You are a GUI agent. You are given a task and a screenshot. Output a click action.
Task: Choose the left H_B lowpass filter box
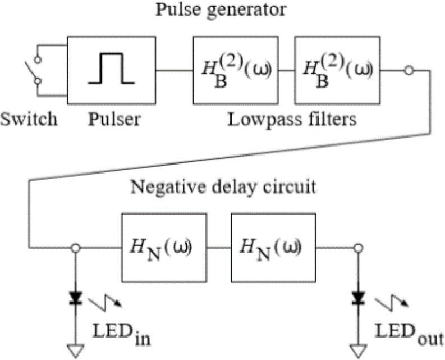click(x=235, y=70)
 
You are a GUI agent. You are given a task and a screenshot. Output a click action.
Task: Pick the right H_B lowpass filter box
click(x=337, y=70)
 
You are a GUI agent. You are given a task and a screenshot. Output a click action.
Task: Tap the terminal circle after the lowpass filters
click(x=410, y=70)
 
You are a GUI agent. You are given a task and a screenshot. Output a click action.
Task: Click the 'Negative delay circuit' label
click(x=223, y=186)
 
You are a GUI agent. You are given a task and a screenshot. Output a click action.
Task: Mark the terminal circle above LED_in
click(x=75, y=247)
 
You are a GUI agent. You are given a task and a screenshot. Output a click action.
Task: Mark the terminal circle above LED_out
click(x=357, y=247)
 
